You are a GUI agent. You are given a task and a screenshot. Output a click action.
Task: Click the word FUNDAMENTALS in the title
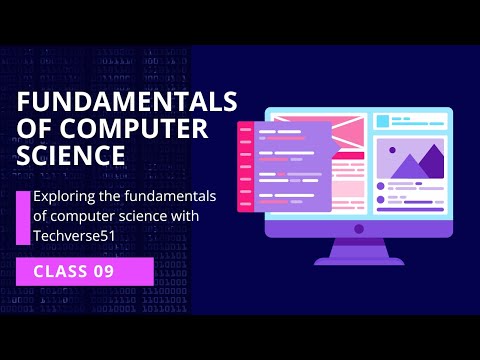pyautogui.click(x=128, y=103)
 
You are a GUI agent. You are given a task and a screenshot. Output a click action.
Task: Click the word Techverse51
pyautogui.click(x=73, y=235)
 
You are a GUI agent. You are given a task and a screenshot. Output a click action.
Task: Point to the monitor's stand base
pyautogui.click(x=358, y=260)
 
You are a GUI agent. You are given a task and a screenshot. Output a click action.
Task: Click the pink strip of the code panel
pyautogui.click(x=244, y=167)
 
